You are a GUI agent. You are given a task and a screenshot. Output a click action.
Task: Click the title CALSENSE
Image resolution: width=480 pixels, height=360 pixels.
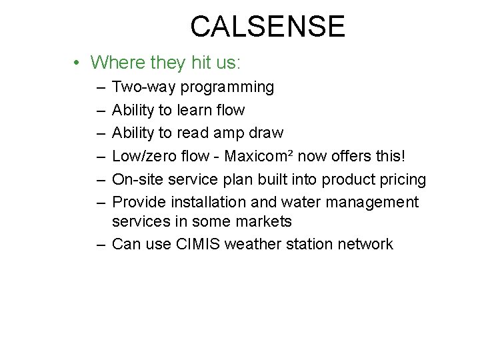[x=267, y=27]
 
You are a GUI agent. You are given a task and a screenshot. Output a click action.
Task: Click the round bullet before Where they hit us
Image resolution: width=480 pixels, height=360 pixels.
[x=78, y=63]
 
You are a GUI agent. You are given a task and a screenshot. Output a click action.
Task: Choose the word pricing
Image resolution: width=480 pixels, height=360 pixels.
[x=402, y=180]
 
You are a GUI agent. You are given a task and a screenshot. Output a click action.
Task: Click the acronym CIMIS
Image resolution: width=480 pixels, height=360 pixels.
[x=199, y=244]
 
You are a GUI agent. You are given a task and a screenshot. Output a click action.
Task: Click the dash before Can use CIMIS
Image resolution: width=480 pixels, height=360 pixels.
[x=101, y=244]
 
